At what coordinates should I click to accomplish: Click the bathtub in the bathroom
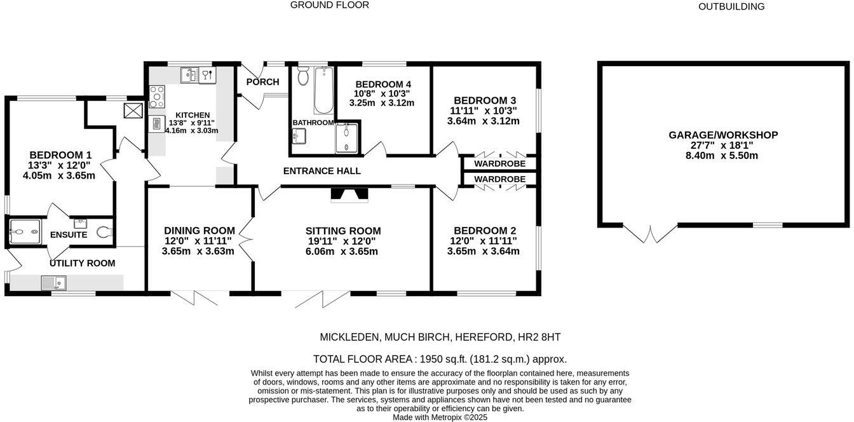(323, 90)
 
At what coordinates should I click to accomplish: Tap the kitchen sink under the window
(189, 76)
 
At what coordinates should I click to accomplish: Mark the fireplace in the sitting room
(349, 195)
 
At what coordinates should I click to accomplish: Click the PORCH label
(262, 82)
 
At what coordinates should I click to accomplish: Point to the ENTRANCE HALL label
(322, 171)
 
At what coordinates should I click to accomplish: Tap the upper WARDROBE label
(499, 163)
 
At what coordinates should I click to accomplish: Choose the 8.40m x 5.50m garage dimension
(723, 156)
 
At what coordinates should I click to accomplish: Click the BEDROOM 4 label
(383, 85)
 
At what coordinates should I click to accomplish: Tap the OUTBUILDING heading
(731, 6)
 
